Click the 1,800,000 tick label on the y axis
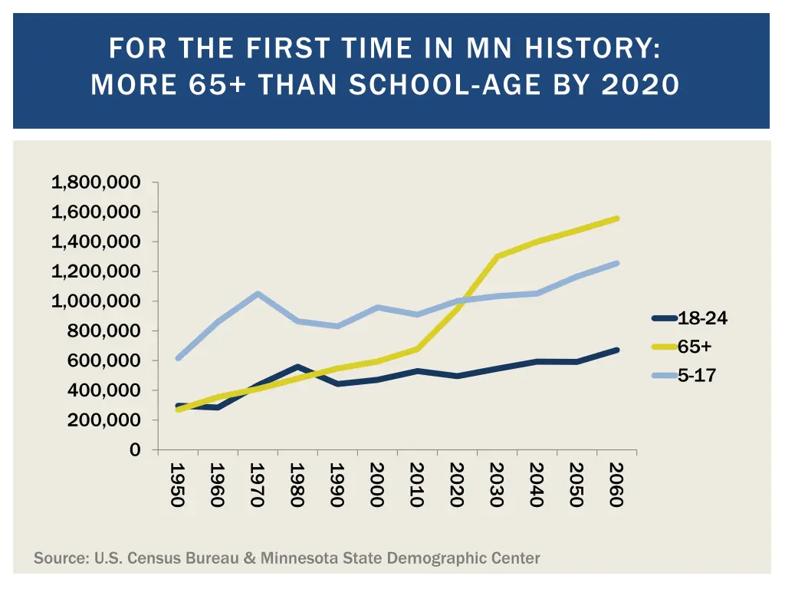(96, 183)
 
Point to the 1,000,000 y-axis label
(96, 301)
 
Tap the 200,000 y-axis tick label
(103, 420)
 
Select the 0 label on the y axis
(135, 450)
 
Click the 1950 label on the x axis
(177, 485)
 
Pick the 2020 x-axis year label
(456, 485)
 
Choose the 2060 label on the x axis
(616, 485)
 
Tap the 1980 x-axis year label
(297, 485)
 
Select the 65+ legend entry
(695, 347)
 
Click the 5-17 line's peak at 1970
(258, 294)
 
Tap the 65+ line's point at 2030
(497, 256)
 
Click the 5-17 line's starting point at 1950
(178, 358)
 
